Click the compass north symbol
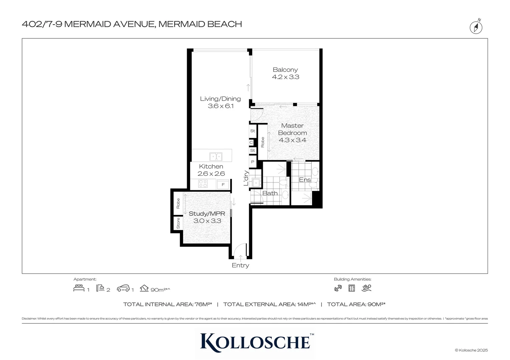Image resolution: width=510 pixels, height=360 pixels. tap(476, 27)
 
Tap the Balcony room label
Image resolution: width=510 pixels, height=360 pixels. tap(285, 70)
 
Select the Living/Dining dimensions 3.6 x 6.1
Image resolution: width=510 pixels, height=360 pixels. tap(220, 106)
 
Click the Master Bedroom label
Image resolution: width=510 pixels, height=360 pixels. tap(292, 129)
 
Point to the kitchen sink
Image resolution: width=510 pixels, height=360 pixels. tap(216, 156)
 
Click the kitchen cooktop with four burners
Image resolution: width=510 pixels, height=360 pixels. tap(203, 184)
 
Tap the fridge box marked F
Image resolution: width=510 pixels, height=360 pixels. tap(223, 184)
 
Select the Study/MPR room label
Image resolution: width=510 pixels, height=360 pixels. tap(207, 214)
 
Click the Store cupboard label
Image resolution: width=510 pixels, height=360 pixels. tap(178, 223)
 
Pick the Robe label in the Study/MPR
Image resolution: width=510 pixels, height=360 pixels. tap(178, 203)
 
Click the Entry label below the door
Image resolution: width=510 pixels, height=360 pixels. tap(240, 265)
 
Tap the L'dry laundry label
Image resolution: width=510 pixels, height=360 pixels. tap(246, 178)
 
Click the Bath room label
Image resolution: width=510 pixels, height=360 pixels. tap(270, 193)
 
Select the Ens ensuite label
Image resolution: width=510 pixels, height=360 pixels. tap(305, 180)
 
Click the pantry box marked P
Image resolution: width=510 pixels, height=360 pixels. tap(252, 162)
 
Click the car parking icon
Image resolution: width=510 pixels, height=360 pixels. tap(123, 288)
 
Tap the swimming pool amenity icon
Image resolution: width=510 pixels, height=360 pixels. tap(367, 288)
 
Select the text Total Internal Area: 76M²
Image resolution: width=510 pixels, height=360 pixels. tap(167, 304)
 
